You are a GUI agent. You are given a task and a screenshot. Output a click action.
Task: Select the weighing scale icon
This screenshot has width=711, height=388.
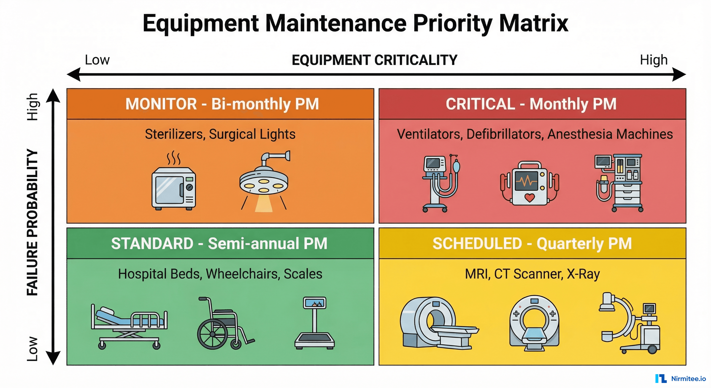pyautogui.click(x=314, y=323)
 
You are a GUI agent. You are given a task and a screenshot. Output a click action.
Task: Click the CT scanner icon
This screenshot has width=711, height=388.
pyautogui.click(x=534, y=323)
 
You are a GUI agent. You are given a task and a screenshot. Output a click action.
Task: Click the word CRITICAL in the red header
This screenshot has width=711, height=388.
pyautogui.click(x=480, y=104)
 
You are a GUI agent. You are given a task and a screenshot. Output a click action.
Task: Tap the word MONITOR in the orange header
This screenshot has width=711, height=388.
pyautogui.click(x=161, y=104)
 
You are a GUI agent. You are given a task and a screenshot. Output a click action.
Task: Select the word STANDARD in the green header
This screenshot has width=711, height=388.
pyautogui.click(x=152, y=244)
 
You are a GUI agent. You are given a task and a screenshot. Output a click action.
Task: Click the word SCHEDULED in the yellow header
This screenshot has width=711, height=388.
pyautogui.click(x=477, y=244)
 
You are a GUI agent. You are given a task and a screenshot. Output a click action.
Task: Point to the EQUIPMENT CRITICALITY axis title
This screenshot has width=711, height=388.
pyautogui.click(x=374, y=60)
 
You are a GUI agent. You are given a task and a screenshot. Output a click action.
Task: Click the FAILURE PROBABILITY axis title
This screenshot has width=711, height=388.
pyautogui.click(x=32, y=222)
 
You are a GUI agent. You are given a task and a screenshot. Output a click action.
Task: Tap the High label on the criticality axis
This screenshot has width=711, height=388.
pyautogui.click(x=654, y=60)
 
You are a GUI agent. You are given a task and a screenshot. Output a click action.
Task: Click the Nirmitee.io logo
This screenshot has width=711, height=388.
pyautogui.click(x=680, y=379)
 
